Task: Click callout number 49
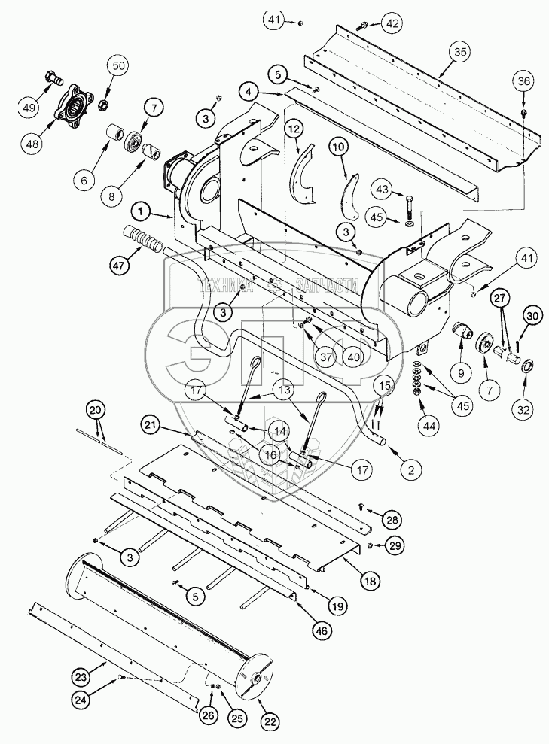[29, 108]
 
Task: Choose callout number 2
[410, 471]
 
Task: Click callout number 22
[269, 721]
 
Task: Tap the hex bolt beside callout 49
[53, 77]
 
